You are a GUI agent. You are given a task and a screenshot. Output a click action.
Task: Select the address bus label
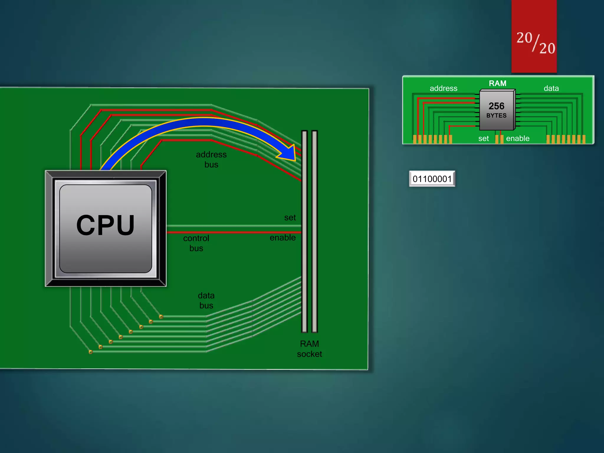(x=211, y=159)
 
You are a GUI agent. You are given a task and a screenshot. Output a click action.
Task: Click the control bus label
(x=196, y=243)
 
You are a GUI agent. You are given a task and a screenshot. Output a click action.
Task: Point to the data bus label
(x=206, y=300)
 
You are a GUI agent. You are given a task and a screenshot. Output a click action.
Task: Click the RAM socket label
(x=309, y=349)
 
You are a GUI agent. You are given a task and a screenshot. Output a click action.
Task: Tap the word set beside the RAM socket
(x=290, y=218)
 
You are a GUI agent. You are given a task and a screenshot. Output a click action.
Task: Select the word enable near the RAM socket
(x=283, y=237)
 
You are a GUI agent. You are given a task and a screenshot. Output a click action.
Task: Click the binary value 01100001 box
(x=432, y=179)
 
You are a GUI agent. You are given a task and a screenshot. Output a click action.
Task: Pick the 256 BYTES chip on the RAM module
(x=497, y=110)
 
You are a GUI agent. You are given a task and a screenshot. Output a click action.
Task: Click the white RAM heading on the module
(x=498, y=83)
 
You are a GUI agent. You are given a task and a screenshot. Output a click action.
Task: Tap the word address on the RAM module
(x=443, y=88)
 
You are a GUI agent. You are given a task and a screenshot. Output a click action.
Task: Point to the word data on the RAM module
(x=551, y=88)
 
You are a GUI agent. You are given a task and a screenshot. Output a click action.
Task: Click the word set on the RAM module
(x=483, y=138)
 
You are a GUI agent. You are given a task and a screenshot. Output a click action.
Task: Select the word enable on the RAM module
(x=518, y=138)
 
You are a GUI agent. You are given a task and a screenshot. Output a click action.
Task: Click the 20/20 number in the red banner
(x=535, y=43)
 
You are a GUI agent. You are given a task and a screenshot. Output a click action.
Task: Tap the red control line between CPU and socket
(x=233, y=232)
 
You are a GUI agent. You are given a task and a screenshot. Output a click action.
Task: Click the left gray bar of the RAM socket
(x=304, y=232)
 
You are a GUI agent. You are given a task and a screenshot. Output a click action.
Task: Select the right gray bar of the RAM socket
(x=314, y=232)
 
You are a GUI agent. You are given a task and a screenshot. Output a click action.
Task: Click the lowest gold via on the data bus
(x=91, y=352)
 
